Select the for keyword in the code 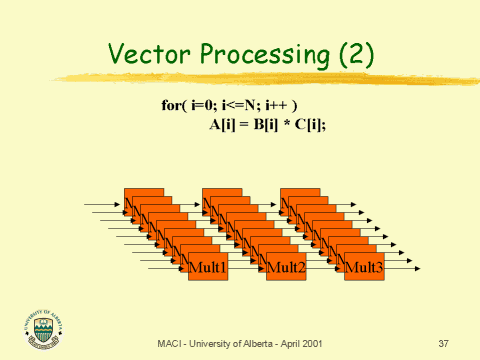coord(171,105)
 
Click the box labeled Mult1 coord(208,267)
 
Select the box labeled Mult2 coord(286,267)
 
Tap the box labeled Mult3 coord(364,267)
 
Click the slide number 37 coord(444,344)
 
